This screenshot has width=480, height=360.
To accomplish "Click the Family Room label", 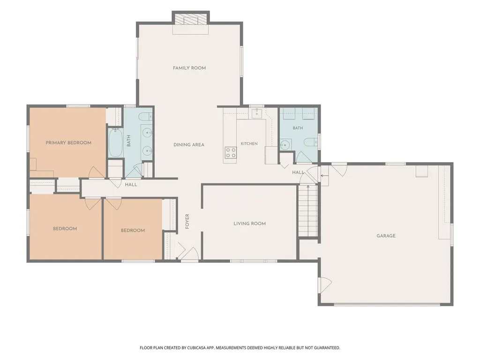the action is click(189, 68).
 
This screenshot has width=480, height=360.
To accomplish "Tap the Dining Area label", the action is click(189, 145).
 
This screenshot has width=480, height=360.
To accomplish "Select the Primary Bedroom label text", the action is click(68, 142).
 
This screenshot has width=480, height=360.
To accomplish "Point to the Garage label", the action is click(386, 236).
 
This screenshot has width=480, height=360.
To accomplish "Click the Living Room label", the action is click(249, 224).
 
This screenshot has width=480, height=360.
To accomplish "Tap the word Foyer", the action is click(187, 221).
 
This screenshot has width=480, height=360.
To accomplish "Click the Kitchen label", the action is click(249, 143).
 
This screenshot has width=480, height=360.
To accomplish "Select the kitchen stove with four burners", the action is click(231, 152).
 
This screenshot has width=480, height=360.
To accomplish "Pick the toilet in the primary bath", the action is click(145, 117).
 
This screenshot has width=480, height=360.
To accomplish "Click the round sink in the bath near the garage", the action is click(285, 144).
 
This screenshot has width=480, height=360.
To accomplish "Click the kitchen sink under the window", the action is click(256, 113).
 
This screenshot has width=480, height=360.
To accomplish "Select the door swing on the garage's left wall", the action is click(325, 285).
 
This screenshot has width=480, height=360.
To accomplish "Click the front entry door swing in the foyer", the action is click(190, 254).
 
